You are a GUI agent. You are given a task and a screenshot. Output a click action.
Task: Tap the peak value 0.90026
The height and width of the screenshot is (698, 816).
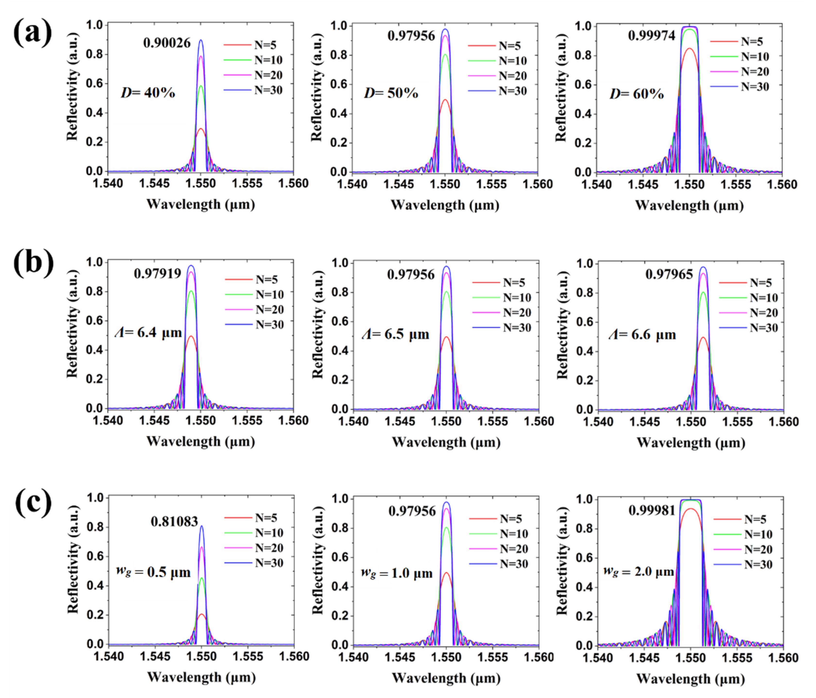click(x=167, y=42)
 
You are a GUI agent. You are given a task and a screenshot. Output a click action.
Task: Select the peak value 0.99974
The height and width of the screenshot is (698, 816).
click(x=651, y=35)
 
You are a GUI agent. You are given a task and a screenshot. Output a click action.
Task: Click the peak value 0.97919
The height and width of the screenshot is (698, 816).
click(x=158, y=273)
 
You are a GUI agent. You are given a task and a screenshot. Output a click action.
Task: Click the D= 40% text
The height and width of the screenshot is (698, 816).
click(x=148, y=93)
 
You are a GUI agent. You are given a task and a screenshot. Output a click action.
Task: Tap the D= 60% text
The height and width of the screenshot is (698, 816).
click(x=636, y=94)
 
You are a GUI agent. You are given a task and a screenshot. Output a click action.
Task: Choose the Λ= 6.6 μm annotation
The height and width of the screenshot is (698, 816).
click(x=642, y=335)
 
